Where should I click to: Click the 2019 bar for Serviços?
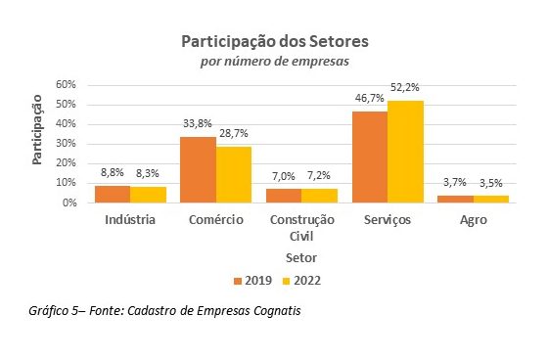[x=370, y=157]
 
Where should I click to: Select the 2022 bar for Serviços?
[x=405, y=152]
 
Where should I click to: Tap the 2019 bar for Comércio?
[x=198, y=169]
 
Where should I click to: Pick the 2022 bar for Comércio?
[x=232, y=174]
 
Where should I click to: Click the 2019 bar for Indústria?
[x=112, y=194]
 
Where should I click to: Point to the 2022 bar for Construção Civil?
[x=318, y=196]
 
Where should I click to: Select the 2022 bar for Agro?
[x=490, y=199]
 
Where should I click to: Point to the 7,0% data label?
[x=282, y=177]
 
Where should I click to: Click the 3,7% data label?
[x=455, y=184]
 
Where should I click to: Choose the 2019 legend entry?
[x=252, y=281]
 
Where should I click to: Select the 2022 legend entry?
[x=299, y=281]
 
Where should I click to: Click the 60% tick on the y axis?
[x=67, y=85]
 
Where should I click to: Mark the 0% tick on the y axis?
[x=69, y=203]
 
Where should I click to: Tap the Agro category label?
[x=474, y=220]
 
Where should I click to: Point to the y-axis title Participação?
[x=38, y=129]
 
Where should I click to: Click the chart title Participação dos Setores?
[x=274, y=43]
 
